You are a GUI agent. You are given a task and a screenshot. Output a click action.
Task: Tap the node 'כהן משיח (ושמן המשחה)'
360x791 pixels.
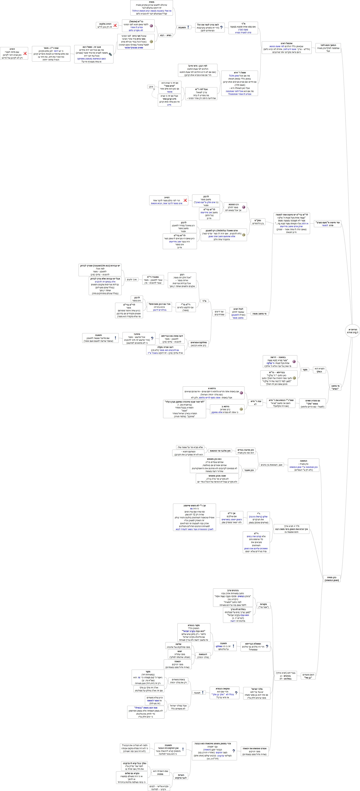pos(332,579)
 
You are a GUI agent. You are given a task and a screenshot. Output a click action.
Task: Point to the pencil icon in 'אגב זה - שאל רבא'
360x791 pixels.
pos(110,54)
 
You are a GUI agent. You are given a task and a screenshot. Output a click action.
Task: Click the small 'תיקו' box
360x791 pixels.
pos(151,87)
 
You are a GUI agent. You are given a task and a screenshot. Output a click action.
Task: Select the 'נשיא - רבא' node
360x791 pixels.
pos(166,35)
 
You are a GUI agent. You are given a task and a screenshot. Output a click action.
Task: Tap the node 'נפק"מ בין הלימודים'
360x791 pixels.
pos(258,222)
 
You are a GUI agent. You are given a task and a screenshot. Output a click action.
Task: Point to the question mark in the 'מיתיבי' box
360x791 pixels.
pos(152,338)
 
